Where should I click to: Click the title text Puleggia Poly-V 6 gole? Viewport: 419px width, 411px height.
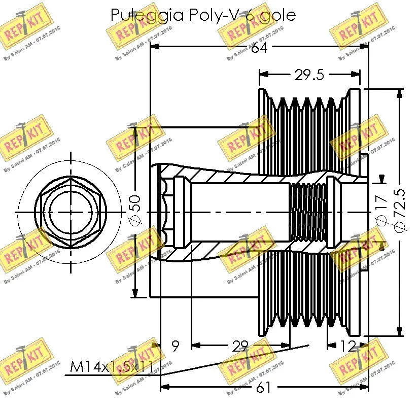202,15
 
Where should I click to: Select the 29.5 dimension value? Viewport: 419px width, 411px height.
309,75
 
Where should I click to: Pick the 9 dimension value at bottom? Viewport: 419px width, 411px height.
176,347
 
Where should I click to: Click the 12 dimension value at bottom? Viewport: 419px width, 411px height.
347,347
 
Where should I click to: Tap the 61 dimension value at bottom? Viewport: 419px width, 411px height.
263,388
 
